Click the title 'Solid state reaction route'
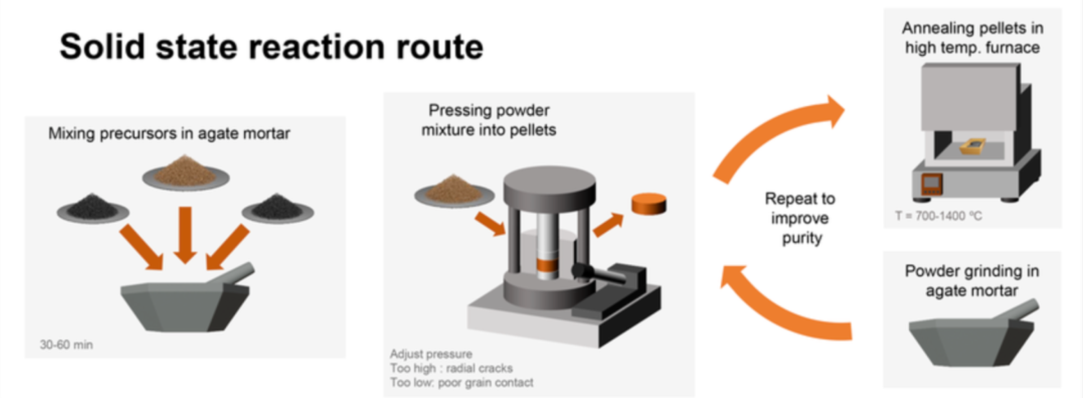[x=271, y=46]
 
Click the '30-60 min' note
[x=66, y=344]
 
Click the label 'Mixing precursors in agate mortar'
[x=169, y=134]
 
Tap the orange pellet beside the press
[x=648, y=204]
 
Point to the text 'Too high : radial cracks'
[x=451, y=368]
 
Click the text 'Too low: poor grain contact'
[x=461, y=383]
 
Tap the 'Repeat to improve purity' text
[x=800, y=218]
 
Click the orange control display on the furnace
[x=931, y=184]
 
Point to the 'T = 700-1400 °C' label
[x=938, y=216]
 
